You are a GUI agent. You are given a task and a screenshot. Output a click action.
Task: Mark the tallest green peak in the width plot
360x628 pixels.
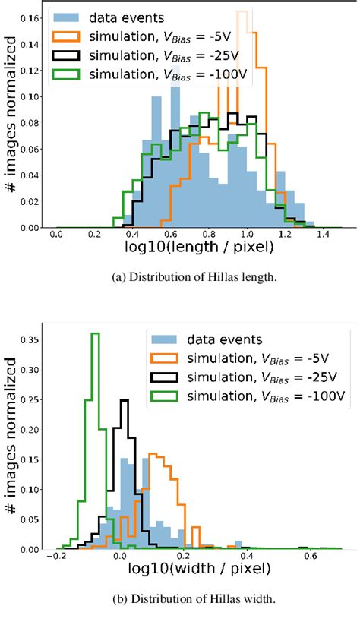click(95, 335)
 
